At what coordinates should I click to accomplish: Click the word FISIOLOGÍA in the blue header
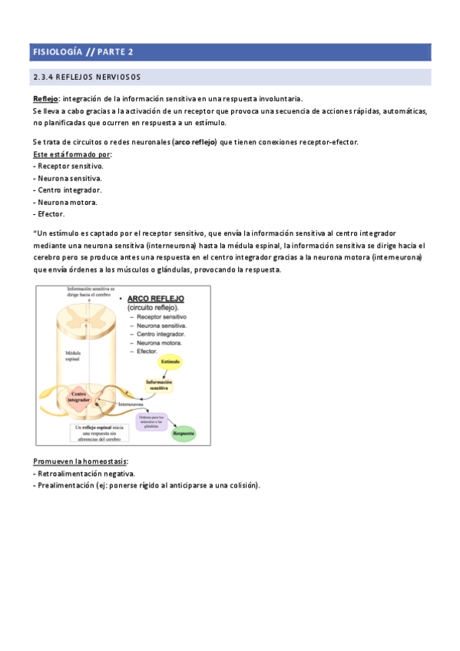tap(56, 52)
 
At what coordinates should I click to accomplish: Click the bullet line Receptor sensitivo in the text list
tap(68, 166)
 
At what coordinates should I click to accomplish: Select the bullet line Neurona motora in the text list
tap(65, 202)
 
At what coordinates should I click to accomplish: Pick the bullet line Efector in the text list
tap(49, 213)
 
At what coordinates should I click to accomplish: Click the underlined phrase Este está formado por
tap(67, 154)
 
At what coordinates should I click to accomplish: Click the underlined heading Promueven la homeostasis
tap(81, 461)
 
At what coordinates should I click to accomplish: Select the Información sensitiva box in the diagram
tap(159, 385)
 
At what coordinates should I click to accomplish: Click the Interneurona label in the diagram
tap(133, 403)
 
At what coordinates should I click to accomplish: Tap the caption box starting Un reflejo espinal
tap(98, 432)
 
